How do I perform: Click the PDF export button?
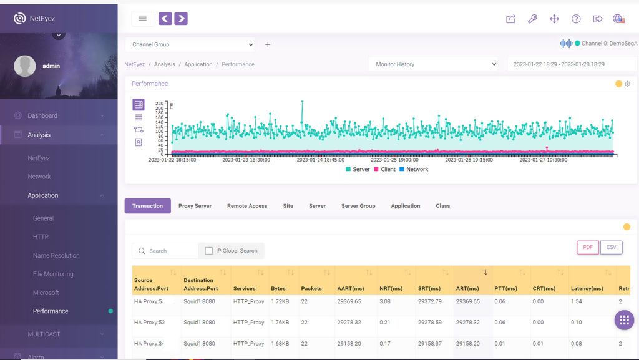coord(588,248)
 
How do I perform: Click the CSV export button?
coord(612,248)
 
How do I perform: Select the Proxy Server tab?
coord(195,206)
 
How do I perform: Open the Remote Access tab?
coord(247,206)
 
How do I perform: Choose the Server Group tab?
coord(358,206)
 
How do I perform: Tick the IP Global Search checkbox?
coord(209,251)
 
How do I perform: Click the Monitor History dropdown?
coord(433,64)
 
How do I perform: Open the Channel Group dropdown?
coord(190,45)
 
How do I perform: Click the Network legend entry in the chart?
coord(414,170)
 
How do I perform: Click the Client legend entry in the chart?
coord(384,170)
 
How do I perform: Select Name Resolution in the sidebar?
coord(56,256)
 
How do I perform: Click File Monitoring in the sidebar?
coord(53,274)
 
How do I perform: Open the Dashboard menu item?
coord(42,116)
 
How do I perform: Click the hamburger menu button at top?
coord(143,19)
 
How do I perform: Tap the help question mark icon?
coord(576,19)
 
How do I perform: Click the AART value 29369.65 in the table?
coord(349,302)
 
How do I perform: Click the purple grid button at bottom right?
coord(624,321)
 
